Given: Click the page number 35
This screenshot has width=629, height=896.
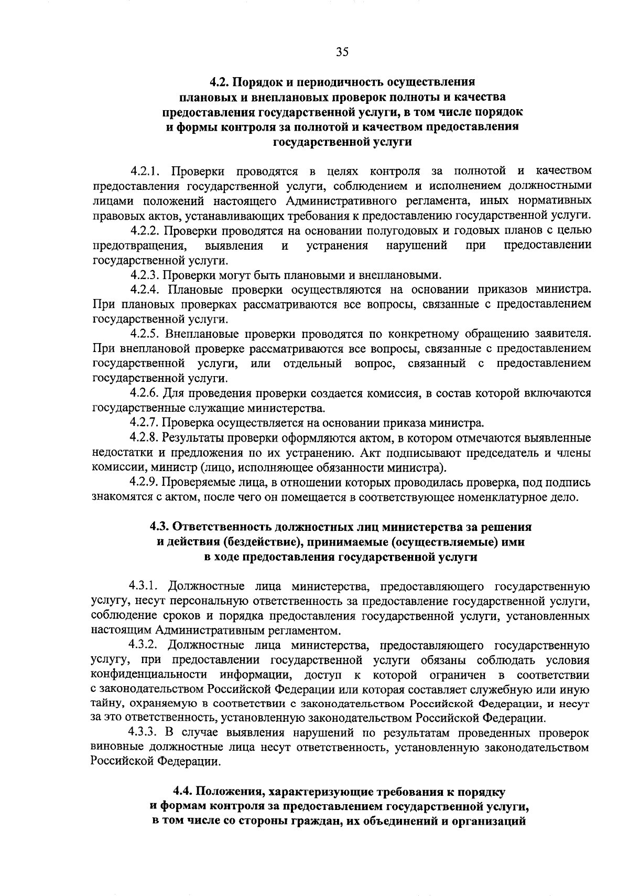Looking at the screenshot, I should coord(342,51).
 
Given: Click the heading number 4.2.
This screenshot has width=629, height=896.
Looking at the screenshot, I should coord(219,82).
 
